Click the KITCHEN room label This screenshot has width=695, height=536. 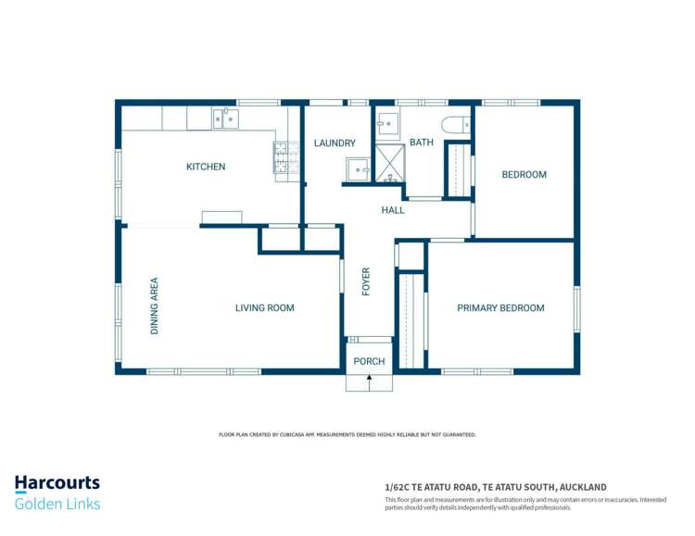click(206, 167)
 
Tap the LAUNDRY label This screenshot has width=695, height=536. click(335, 143)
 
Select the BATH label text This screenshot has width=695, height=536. click(422, 143)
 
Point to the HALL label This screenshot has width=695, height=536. click(393, 210)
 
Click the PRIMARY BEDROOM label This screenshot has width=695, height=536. click(500, 308)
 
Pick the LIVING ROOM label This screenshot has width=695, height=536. click(264, 308)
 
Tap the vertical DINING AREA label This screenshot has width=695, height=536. click(155, 305)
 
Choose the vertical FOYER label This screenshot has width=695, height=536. click(366, 281)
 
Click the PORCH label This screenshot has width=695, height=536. click(369, 361)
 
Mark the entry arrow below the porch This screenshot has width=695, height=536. click(369, 380)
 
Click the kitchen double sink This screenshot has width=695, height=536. click(225, 118)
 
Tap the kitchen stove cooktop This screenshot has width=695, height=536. click(285, 157)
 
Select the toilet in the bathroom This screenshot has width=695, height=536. click(455, 124)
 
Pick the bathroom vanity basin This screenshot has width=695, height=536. click(388, 123)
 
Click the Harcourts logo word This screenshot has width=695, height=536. click(57, 483)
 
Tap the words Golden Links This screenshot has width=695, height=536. click(57, 504)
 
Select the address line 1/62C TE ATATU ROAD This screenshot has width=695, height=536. click(496, 487)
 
